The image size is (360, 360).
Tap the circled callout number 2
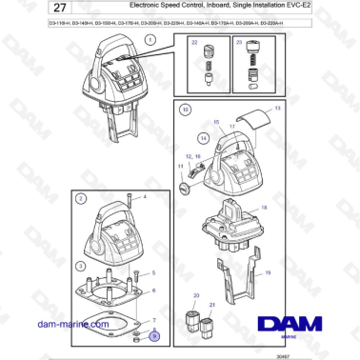(82, 199)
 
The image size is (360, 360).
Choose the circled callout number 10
(186, 110)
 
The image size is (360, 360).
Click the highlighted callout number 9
(154, 337)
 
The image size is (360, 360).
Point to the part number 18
(264, 207)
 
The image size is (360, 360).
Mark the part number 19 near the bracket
(268, 272)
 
